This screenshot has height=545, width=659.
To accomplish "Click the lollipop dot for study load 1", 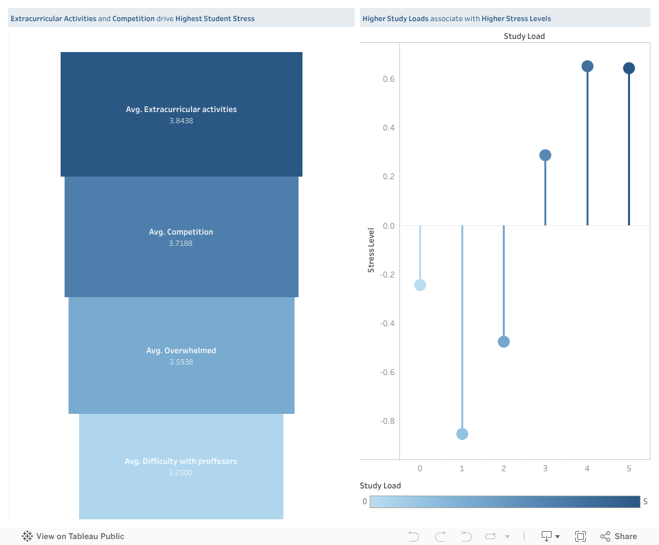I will click(x=462, y=434).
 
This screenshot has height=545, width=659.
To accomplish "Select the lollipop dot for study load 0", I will click(x=420, y=285).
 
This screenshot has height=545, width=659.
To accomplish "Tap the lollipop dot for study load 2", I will click(x=503, y=341).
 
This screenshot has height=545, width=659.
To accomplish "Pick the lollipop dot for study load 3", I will click(x=545, y=156).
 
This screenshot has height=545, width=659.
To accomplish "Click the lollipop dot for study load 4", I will click(x=587, y=66).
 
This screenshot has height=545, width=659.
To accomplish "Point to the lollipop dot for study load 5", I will click(x=629, y=69).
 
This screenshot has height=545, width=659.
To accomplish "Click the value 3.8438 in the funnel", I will click(x=181, y=121).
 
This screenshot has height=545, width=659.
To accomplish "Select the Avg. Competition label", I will click(x=181, y=232).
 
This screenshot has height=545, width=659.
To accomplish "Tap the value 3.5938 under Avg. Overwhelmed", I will click(x=181, y=362).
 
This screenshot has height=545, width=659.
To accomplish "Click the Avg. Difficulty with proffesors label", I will click(x=181, y=461).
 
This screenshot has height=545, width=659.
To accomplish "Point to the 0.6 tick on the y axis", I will click(x=389, y=79).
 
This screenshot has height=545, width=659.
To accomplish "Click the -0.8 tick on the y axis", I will click(x=387, y=421).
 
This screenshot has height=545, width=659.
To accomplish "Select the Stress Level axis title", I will click(x=371, y=250).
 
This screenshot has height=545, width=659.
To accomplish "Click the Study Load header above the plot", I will click(x=524, y=36).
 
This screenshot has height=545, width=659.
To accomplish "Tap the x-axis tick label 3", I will click(x=545, y=469).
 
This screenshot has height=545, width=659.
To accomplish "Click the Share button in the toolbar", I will click(x=619, y=536).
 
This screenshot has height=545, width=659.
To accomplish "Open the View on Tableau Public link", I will click(x=73, y=536).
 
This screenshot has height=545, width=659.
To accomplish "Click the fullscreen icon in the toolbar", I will click(x=581, y=536).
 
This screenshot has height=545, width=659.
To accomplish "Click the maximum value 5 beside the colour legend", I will click(x=645, y=502).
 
